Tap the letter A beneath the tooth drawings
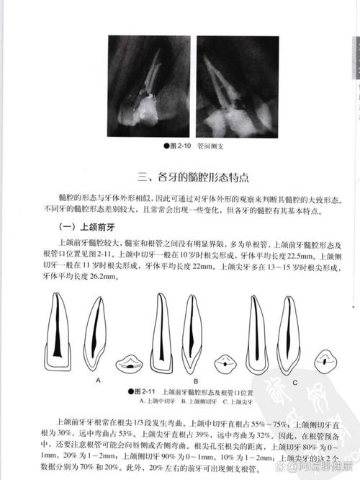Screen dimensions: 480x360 pyautogui.click(x=96, y=379)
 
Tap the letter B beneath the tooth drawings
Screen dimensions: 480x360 pyautogui.click(x=195, y=379)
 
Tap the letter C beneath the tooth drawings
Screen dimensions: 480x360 pyautogui.click(x=294, y=379)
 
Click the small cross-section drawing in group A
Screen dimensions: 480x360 pyautogui.click(x=130, y=363)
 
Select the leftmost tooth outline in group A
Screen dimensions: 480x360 pyautogui.click(x=57, y=328)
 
